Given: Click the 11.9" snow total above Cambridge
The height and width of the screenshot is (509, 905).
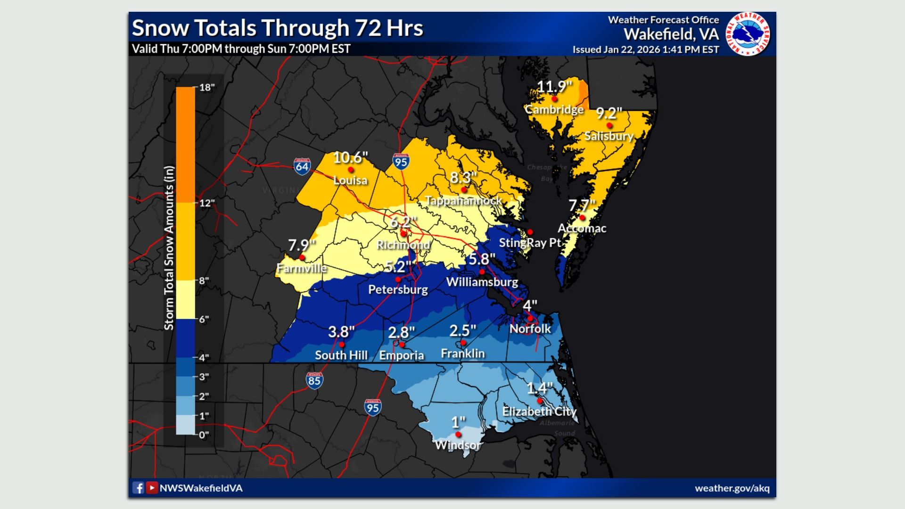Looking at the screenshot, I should [x=554, y=87].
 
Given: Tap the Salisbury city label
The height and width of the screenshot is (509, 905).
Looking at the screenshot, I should [x=609, y=136].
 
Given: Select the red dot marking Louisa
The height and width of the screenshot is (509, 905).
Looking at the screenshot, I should [x=350, y=170].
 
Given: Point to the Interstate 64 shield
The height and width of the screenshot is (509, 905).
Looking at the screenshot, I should [x=302, y=166].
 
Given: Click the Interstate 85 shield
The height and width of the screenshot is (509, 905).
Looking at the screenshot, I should [x=314, y=381].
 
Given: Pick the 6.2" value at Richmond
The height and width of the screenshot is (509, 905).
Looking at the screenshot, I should [x=403, y=222].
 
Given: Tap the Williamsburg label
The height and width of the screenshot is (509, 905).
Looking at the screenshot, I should [x=482, y=282].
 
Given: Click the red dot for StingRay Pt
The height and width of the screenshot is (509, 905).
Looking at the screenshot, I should [x=530, y=232].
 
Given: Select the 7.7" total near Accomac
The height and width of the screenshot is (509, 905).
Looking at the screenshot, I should [x=582, y=206].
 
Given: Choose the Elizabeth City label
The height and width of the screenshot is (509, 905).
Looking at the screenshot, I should [x=539, y=411].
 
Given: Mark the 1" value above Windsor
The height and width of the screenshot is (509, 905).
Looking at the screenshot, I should [x=458, y=422].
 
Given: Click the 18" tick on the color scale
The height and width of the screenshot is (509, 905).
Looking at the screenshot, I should [x=206, y=87].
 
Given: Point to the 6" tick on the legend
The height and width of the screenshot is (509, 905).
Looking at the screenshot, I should [x=204, y=319].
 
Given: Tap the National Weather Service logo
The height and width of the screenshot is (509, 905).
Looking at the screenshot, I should [x=748, y=34].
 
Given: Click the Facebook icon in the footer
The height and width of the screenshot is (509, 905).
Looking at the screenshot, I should [x=138, y=488].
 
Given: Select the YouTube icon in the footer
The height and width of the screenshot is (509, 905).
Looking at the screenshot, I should [x=152, y=488].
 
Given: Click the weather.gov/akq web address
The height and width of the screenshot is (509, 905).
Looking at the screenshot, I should [x=732, y=488].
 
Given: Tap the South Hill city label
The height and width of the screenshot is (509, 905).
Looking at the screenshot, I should [x=341, y=355].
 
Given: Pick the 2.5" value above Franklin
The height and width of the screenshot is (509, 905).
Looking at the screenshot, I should [x=462, y=331].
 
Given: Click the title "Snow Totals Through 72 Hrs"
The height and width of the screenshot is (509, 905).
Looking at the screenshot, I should [x=278, y=28].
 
